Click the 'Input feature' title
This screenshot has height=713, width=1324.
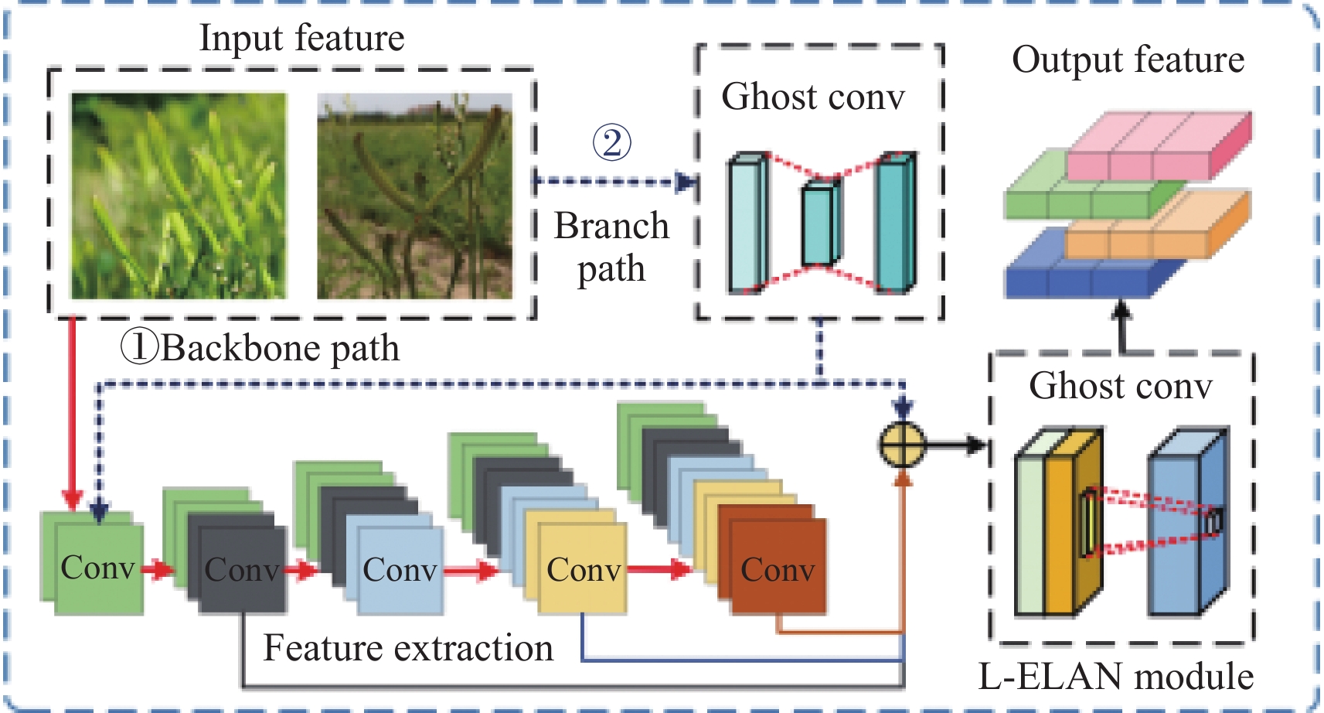301,38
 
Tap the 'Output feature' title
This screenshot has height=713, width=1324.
1128,60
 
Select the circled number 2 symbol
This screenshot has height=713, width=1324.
611,142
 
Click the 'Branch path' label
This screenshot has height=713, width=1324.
611,247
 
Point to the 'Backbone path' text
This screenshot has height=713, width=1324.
280,348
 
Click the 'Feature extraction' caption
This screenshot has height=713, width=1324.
408,648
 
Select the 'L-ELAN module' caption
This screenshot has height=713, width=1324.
1116,677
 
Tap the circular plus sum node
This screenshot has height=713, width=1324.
902,445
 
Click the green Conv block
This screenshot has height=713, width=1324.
98,569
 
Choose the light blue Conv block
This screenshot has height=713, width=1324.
400,571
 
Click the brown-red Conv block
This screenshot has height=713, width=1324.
778,571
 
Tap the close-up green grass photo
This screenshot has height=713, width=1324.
179,196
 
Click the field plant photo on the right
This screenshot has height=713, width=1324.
414,196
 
